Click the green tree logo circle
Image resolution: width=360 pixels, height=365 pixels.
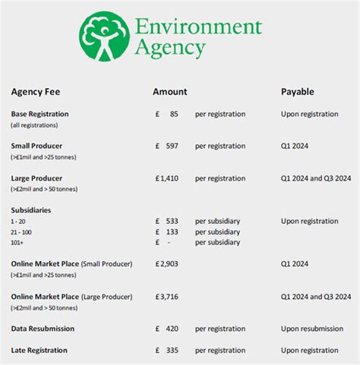105,37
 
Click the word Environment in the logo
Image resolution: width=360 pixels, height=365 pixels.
198,27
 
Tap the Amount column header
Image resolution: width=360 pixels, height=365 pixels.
169,92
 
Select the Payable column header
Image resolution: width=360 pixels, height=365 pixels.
298,92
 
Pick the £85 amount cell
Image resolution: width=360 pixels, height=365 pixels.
166,114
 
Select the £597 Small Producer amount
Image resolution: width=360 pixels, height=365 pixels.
166,146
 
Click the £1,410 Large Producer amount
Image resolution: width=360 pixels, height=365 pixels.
166,178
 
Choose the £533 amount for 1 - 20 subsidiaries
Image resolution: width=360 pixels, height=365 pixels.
166,221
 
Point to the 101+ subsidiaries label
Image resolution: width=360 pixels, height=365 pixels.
18,242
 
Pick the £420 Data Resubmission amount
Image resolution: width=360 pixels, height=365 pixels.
166,329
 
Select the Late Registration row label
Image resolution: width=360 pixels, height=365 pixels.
39,350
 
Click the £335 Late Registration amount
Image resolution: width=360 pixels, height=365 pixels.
166,350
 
